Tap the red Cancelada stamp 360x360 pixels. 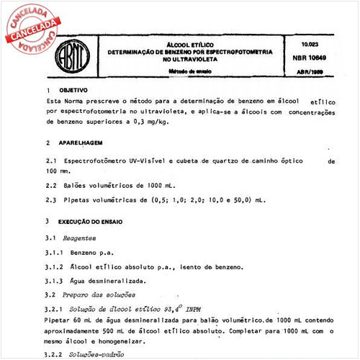click(x=31, y=27)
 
